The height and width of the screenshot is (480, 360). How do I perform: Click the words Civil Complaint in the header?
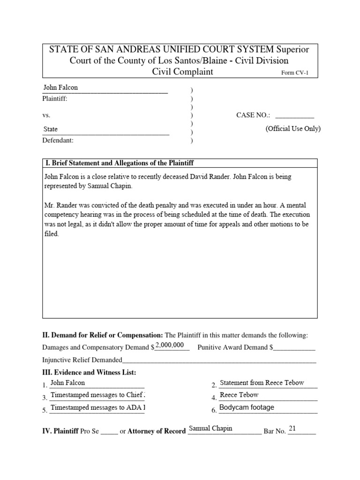[182, 72]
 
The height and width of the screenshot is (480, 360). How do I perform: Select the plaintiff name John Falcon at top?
[60, 88]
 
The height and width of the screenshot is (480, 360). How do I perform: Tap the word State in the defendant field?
[51, 129]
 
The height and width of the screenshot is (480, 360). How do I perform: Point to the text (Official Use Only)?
[293, 129]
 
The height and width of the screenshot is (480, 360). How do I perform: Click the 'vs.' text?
[46, 115]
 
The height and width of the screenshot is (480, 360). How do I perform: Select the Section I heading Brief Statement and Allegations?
[119, 163]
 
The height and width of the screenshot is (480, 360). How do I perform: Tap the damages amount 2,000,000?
[169, 345]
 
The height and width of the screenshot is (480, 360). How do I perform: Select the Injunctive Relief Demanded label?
[82, 360]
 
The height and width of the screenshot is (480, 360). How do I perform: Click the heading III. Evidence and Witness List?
[89, 373]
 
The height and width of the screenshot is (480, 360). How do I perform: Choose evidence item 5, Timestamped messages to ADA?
[97, 408]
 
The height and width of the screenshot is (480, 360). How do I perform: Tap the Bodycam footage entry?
[247, 408]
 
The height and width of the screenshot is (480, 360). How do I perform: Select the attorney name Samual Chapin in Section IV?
[210, 428]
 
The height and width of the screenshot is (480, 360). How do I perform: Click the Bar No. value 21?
[292, 428]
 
